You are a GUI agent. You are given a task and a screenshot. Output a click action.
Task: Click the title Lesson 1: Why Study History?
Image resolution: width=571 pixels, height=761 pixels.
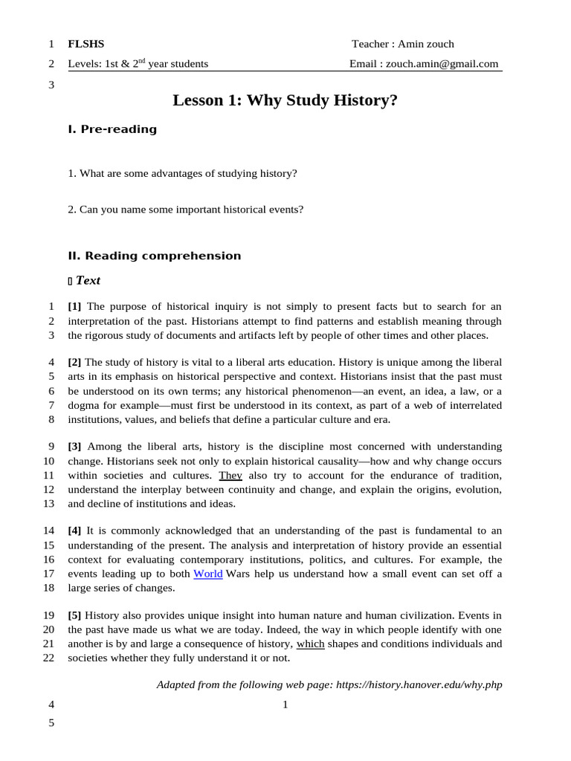point(285,100)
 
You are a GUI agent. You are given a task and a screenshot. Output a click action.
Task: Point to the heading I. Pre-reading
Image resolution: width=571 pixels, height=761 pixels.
point(112,129)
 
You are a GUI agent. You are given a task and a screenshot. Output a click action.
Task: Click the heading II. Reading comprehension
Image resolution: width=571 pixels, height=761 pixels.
point(155,256)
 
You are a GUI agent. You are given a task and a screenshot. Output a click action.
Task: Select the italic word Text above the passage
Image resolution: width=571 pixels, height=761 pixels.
point(88,281)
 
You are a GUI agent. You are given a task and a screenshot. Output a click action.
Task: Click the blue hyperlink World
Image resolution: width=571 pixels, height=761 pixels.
point(208,574)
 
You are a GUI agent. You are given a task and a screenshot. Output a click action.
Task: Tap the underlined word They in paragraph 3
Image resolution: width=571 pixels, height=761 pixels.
point(230,475)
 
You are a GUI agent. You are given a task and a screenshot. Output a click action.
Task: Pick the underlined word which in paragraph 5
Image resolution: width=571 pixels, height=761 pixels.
point(310,644)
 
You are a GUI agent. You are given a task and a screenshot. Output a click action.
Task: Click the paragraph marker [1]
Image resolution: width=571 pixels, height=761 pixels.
point(74,306)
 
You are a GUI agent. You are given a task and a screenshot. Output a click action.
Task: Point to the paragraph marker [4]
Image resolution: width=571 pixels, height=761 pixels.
point(74,531)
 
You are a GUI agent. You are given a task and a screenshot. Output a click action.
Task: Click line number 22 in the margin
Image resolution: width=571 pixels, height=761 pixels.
point(48,658)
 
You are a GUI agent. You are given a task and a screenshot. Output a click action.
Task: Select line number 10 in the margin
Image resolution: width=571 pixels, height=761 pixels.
point(48,461)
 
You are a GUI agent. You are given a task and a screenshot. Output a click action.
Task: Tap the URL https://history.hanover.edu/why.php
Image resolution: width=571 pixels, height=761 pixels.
point(419,684)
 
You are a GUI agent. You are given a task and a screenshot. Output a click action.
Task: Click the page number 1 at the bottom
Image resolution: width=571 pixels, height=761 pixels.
point(285,705)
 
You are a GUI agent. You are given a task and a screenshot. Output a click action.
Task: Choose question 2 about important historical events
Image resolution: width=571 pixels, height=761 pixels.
point(185,210)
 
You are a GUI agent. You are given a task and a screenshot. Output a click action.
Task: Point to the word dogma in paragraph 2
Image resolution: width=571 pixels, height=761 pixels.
point(83,405)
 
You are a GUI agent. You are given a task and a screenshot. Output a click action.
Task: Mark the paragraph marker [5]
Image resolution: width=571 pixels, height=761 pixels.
point(74,615)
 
